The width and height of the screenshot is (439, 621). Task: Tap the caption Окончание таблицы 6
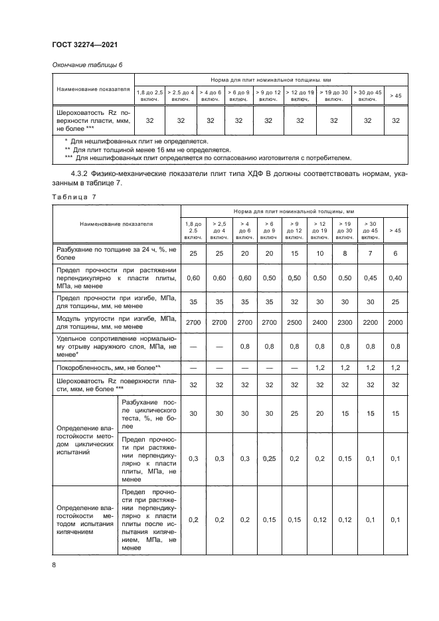(x=87, y=64)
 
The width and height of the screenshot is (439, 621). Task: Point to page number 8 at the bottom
(x=53, y=565)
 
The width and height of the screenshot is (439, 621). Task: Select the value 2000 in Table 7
(x=395, y=322)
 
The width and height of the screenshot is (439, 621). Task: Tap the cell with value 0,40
(x=395, y=277)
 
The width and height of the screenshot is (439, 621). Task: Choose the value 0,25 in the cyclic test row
(x=269, y=458)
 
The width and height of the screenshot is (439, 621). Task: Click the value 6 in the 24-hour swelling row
(x=395, y=254)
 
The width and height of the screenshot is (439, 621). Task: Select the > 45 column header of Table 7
(x=395, y=230)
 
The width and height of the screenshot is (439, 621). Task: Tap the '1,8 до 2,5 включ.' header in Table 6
(x=150, y=96)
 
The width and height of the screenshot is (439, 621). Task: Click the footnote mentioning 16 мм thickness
(x=146, y=149)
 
